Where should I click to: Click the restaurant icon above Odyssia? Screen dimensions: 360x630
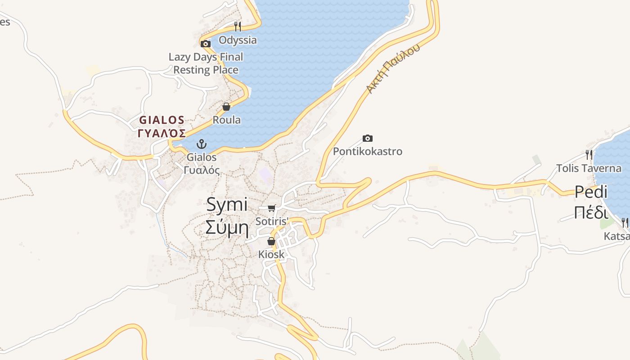[x=238, y=27]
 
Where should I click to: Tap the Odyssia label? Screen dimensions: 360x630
[x=238, y=40]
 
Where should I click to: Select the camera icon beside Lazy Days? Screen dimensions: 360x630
[x=206, y=44]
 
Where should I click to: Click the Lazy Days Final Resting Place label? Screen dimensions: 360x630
[x=206, y=63]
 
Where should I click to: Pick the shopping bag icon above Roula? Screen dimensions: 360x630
[x=226, y=107]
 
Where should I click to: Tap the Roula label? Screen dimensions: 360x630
[x=226, y=120]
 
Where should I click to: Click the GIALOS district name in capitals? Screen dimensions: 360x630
[x=162, y=120]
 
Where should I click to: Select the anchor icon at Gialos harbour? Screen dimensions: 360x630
[x=202, y=144]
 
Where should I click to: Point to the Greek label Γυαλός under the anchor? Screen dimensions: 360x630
[x=202, y=170]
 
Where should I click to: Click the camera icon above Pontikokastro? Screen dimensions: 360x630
[x=368, y=138]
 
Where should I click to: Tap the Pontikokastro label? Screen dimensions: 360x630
[x=368, y=151]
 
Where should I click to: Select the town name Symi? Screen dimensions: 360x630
[x=227, y=205]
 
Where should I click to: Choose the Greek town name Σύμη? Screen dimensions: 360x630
[x=227, y=227]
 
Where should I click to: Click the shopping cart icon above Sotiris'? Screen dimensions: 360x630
[x=271, y=208]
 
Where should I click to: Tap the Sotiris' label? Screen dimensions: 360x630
[x=272, y=221]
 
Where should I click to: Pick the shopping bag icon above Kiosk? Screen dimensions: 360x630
[x=271, y=241]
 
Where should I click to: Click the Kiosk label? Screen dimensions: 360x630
[x=271, y=254]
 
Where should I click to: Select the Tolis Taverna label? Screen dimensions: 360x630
[x=589, y=168]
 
